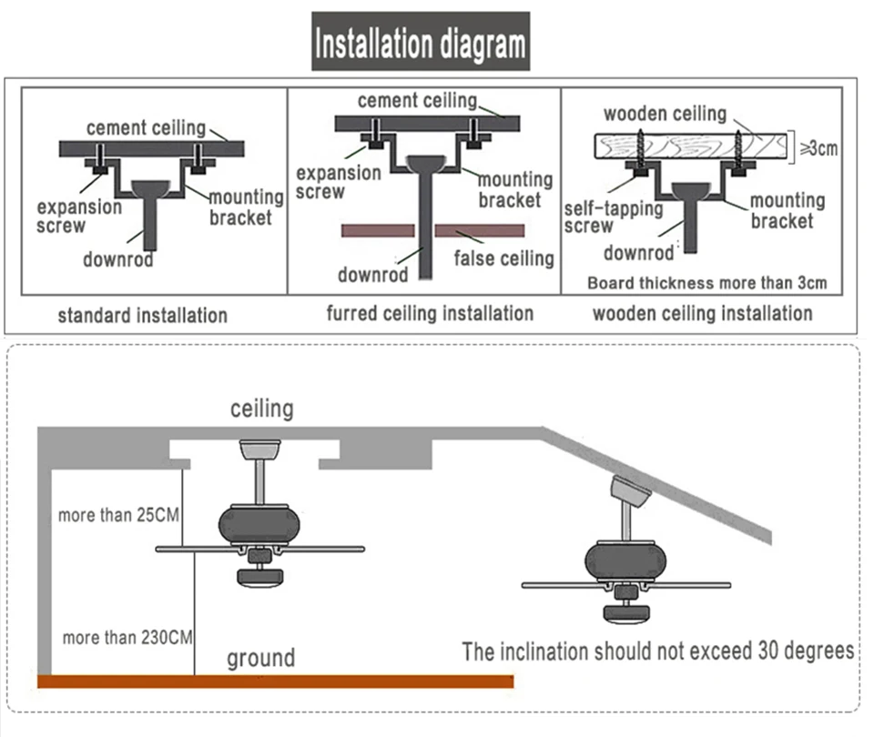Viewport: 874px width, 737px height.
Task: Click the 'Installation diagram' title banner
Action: tap(421, 42)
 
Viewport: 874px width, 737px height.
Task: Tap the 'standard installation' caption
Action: tap(143, 316)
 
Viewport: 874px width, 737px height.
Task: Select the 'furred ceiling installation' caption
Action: tap(430, 314)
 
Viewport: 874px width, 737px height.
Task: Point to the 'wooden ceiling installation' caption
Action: tap(702, 314)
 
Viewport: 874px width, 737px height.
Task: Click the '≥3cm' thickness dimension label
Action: tap(818, 148)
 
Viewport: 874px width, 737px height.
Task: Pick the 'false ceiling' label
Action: tap(503, 258)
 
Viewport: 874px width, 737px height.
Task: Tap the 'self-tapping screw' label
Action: tap(614, 217)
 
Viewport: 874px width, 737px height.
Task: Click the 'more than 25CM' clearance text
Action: tap(118, 515)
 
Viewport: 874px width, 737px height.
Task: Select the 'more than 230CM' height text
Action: tap(127, 637)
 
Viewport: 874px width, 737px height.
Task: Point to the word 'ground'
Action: tap(261, 659)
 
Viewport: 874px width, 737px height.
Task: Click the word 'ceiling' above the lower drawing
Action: tap(262, 409)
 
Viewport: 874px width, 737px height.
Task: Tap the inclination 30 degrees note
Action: tap(657, 651)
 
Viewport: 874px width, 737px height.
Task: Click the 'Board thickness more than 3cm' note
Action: tap(706, 283)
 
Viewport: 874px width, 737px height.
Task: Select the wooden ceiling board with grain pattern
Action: tap(691, 146)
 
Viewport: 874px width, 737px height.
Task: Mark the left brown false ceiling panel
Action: tap(378, 230)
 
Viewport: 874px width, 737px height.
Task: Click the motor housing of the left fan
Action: tap(259, 524)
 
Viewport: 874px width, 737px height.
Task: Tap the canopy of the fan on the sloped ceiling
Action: tap(630, 491)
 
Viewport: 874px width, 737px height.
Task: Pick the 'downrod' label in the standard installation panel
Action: tap(118, 259)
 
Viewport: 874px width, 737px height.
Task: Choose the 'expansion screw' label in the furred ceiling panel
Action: tap(339, 182)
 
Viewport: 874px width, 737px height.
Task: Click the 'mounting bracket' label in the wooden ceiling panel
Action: tap(787, 210)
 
